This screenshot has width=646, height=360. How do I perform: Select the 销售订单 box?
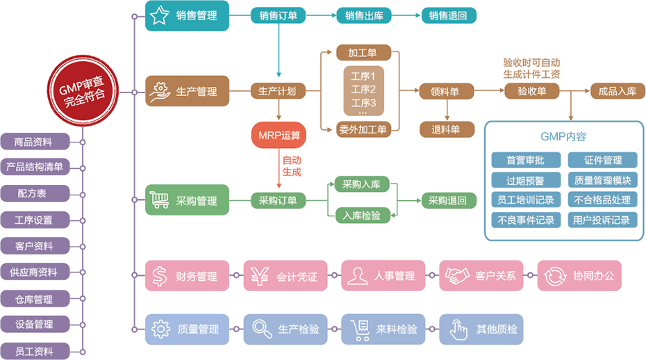(278, 15)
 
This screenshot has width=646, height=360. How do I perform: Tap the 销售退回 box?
(448, 15)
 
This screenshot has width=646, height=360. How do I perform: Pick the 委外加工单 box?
(363, 128)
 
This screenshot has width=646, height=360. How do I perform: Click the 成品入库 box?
(613, 91)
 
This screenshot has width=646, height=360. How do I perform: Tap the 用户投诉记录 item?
(602, 220)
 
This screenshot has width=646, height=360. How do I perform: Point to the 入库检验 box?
(362, 215)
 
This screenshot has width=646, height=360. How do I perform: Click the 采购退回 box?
(447, 201)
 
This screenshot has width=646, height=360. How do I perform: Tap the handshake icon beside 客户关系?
(457, 276)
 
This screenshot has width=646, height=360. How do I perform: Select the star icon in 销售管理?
(160, 15)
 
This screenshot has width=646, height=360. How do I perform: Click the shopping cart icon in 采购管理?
(160, 201)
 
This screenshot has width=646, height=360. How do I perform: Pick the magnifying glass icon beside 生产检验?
(260, 328)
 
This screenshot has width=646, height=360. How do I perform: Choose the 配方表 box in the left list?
(34, 193)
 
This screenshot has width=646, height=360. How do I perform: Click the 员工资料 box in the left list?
(34, 351)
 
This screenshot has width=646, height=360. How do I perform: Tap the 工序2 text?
(363, 89)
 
